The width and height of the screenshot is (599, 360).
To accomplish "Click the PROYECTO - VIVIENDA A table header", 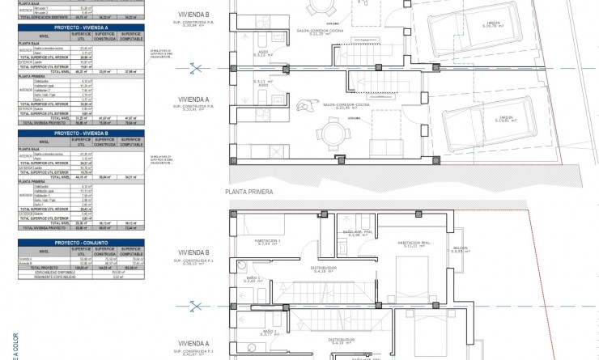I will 83,27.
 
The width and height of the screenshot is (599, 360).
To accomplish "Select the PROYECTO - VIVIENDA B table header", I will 83,133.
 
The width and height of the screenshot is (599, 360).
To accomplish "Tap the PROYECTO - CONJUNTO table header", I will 83,240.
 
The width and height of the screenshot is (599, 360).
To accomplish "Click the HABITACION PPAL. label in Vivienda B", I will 413,243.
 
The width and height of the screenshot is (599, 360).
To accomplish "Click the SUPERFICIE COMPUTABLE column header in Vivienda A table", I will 131,36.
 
